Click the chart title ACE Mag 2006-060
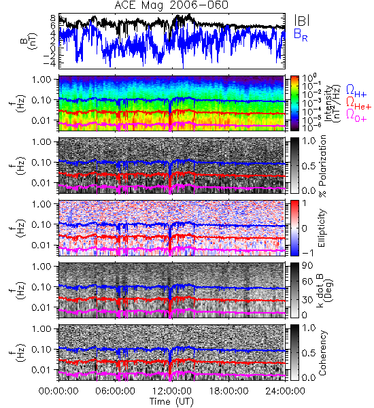171,5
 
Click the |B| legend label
302,20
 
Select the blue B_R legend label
301,35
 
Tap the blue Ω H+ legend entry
356,91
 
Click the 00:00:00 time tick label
58,391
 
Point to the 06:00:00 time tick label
115,391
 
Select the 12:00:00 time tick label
172,391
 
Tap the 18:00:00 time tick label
228,391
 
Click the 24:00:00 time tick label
285,391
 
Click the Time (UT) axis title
171,402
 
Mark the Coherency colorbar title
322,353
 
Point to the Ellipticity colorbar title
322,228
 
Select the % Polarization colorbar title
322,166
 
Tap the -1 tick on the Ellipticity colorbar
307,253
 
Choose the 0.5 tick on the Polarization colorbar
309,166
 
